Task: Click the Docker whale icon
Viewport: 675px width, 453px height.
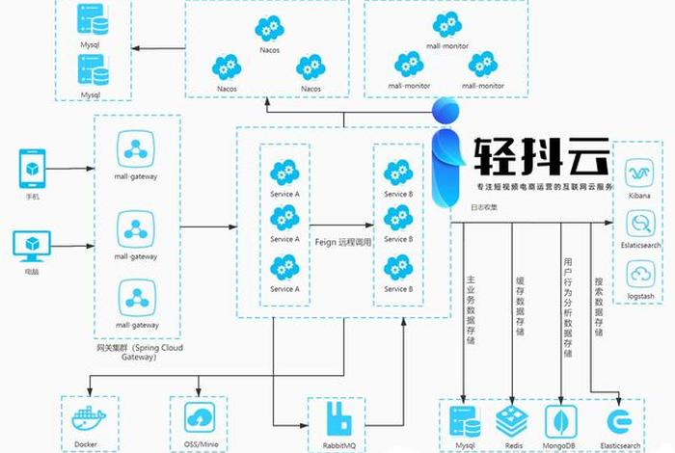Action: click(x=92, y=421)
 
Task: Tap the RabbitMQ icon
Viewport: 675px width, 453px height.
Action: click(x=337, y=419)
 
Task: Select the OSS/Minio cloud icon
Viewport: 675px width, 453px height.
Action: click(x=200, y=418)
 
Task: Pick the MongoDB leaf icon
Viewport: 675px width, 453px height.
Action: click(x=561, y=420)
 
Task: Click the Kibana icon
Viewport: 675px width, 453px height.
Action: click(x=639, y=173)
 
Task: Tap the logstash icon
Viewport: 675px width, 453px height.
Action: click(x=639, y=276)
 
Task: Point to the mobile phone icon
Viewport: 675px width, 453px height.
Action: click(x=33, y=168)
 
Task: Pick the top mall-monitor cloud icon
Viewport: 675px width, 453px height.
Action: click(x=447, y=24)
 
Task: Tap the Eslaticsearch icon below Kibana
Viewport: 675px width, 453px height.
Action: click(x=639, y=225)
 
